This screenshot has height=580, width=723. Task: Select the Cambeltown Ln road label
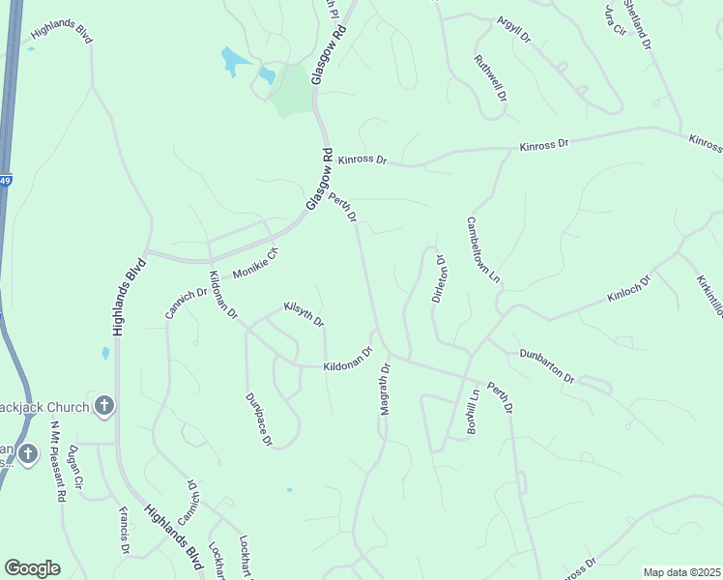click(x=484, y=249)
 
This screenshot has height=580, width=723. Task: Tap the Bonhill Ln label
click(x=474, y=411)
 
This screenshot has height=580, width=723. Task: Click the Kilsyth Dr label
click(x=304, y=313)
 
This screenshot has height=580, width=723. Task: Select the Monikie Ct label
click(x=255, y=264)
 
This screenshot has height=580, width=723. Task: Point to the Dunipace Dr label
click(x=259, y=420)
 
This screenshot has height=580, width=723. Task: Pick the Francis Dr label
click(x=124, y=530)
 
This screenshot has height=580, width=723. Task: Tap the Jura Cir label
click(x=613, y=18)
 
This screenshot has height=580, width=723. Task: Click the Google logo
click(x=32, y=568)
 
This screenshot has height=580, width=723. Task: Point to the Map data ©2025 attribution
click(x=681, y=572)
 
